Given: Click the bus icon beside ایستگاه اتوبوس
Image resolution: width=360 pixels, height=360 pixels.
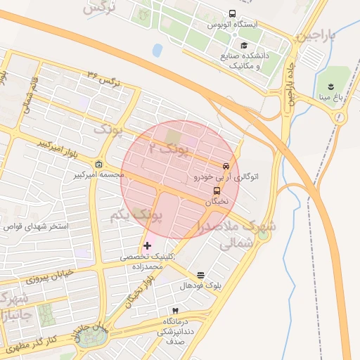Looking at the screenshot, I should [233, 13].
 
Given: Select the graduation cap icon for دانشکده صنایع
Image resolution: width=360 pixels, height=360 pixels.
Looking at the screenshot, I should [243, 45].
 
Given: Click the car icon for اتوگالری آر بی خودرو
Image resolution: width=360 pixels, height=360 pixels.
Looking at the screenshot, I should [225, 167].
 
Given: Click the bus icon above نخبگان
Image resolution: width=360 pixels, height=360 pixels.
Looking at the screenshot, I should [216, 190].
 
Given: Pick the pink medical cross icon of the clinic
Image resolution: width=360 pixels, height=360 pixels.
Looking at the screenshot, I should [147, 245].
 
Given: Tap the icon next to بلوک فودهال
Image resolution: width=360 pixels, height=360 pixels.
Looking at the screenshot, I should [201, 275].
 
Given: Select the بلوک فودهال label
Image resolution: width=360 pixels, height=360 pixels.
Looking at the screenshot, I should [200, 285].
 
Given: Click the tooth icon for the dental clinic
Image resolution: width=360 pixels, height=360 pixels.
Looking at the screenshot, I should [175, 310].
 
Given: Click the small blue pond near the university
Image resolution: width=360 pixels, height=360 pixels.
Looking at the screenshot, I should [157, 50].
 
